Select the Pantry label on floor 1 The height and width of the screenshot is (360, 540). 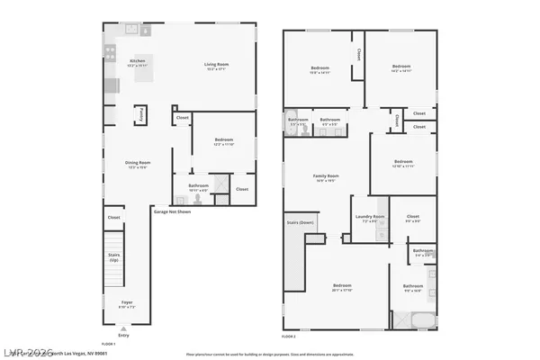coord(142,114)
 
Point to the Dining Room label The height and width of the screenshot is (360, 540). coord(138,164)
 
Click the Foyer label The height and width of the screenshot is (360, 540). coord(126,302)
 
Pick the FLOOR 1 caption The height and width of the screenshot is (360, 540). coord(108,344)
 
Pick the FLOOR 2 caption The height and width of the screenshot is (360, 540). coord(289,336)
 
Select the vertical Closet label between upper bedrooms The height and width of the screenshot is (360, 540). coord(359,56)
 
